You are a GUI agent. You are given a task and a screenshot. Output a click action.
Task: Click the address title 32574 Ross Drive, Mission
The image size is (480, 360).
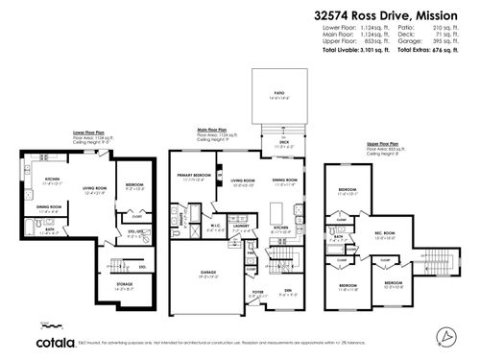coord(395,15)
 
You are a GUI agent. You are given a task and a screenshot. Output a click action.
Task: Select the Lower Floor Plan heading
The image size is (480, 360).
coord(88,134)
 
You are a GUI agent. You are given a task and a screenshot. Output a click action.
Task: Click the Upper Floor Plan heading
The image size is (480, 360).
coord(384,141)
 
